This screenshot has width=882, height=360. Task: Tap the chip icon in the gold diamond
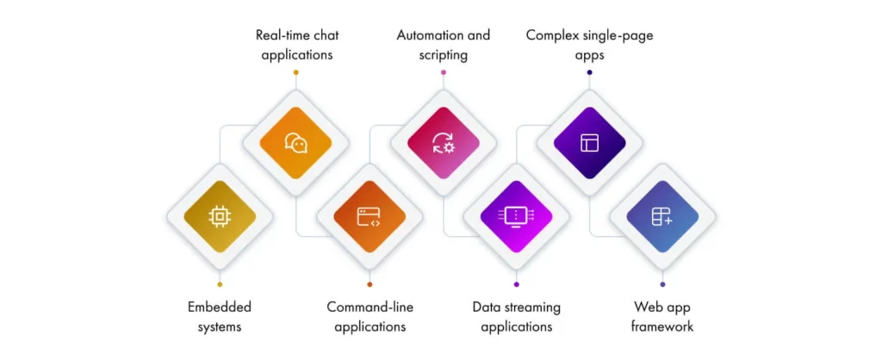point(220,217)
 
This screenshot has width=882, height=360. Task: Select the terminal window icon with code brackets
point(369,217)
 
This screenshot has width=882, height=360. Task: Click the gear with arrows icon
point(444,143)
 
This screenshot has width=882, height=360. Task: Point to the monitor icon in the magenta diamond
point(516,217)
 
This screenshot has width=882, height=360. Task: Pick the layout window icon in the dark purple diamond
point(589,143)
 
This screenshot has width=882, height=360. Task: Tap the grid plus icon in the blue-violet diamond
point(662,217)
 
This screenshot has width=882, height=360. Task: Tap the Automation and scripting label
point(443,45)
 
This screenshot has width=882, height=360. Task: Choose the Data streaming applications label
point(516,316)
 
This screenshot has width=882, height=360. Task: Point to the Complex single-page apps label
point(589,45)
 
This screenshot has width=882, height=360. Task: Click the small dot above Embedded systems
point(220,284)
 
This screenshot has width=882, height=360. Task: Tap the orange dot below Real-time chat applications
point(295,72)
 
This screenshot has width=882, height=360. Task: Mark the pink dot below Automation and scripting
point(444,72)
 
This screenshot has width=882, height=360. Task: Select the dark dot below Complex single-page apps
point(589,72)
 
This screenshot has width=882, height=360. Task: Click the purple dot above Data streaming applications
point(516,284)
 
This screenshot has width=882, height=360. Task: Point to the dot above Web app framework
point(662,284)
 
